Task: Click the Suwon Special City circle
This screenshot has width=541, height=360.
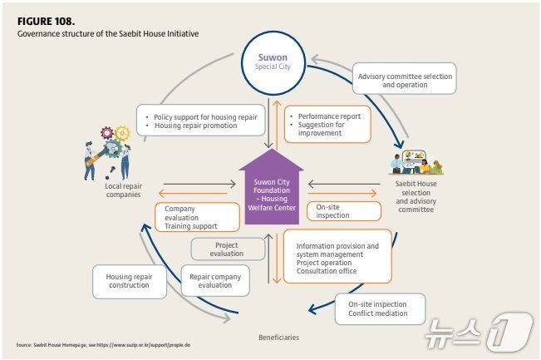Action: (x=273, y=63)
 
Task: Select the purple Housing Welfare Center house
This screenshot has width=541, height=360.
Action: (x=271, y=187)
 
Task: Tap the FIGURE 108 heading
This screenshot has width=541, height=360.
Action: (x=46, y=22)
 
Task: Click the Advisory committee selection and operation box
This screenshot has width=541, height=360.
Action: (x=405, y=78)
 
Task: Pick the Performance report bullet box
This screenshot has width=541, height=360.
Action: (x=327, y=124)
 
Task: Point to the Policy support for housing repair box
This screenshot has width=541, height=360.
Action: (x=201, y=120)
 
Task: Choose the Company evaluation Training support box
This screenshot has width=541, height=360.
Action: (x=197, y=217)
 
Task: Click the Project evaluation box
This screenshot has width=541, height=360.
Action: (x=228, y=249)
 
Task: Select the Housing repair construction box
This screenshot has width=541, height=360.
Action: (x=130, y=281)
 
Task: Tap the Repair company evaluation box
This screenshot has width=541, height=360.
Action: (x=215, y=281)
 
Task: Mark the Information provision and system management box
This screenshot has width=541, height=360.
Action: (x=337, y=256)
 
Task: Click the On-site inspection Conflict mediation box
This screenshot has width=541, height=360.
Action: (x=380, y=309)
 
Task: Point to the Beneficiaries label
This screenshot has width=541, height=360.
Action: (x=278, y=338)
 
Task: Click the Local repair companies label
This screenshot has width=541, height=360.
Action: (x=124, y=190)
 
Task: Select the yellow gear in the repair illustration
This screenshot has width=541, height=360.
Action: (x=122, y=134)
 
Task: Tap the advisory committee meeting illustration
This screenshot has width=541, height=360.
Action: (x=417, y=162)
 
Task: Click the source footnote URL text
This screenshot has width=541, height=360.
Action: (x=143, y=345)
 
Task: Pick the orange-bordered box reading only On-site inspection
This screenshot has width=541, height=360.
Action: (x=344, y=211)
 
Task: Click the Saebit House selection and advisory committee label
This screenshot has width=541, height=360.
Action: (x=416, y=196)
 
